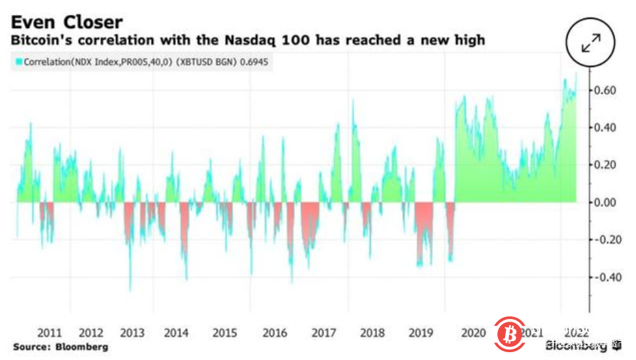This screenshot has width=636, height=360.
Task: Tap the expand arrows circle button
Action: pyautogui.click(x=591, y=44)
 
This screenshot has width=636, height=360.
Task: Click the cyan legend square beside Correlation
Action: pyautogui.click(x=15, y=62)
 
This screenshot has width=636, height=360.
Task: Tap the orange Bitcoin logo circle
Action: pyautogui.click(x=510, y=333)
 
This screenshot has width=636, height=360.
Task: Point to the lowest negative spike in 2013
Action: pyautogui.click(x=130, y=290)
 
